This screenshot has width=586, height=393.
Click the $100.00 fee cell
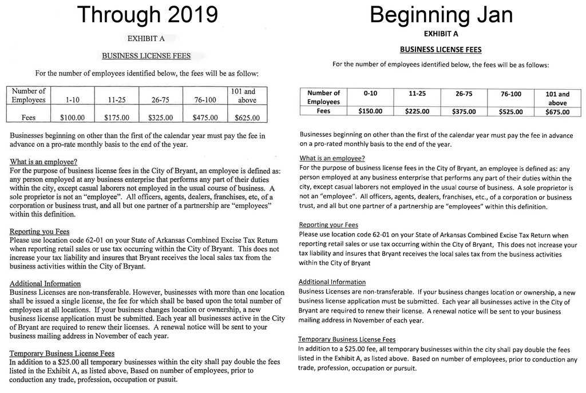72,118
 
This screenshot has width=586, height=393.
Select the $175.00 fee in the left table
117,118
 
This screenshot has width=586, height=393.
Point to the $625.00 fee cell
247,118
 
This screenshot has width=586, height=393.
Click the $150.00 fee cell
370,111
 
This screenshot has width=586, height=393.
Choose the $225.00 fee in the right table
417,111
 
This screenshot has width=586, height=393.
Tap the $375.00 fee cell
464,111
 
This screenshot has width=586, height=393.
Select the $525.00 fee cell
511,111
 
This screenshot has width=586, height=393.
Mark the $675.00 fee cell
557,112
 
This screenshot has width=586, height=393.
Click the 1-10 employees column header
72,100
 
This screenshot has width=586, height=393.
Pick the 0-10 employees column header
370,93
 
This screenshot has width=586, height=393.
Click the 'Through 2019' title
147,15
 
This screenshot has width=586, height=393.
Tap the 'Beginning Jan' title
441,15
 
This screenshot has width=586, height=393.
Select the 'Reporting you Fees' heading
39,231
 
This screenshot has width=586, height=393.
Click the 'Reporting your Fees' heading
328,225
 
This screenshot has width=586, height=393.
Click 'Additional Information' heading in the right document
332,282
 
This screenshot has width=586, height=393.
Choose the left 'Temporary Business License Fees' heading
62,353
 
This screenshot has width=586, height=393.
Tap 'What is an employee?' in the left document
43,162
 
